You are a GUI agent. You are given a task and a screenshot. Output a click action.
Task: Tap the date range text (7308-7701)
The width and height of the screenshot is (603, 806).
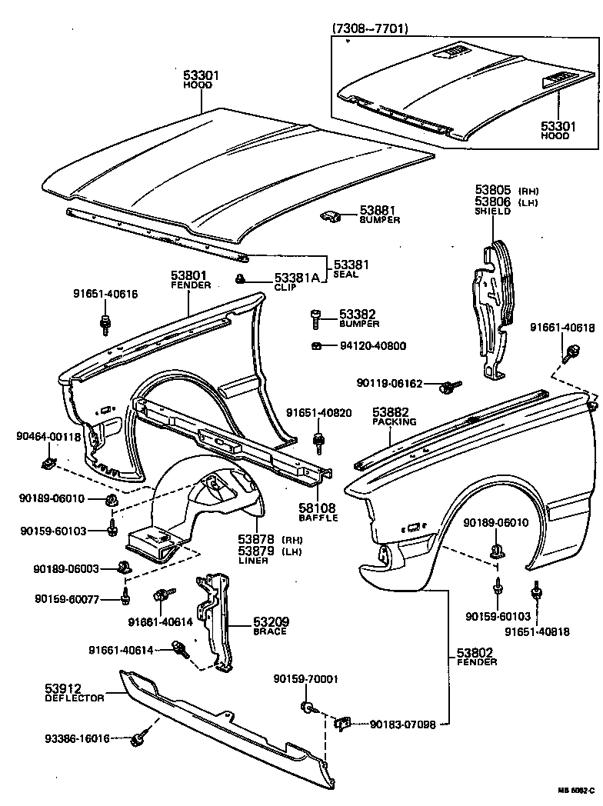pyautogui.click(x=370, y=29)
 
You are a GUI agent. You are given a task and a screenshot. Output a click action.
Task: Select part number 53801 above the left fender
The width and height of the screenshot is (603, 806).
pyautogui.click(x=189, y=275)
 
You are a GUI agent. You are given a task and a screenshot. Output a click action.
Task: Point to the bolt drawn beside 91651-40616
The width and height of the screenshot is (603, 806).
pyautogui.click(x=105, y=325)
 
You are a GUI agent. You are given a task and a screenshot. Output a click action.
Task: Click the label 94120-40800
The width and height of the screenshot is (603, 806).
pyautogui.click(x=373, y=346)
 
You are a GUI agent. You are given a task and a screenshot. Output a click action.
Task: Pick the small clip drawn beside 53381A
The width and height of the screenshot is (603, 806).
pyautogui.click(x=241, y=278)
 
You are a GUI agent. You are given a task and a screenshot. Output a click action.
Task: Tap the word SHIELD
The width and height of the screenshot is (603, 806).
pyautogui.click(x=493, y=211)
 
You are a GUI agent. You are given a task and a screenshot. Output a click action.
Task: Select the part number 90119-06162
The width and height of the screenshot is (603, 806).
pyautogui.click(x=390, y=382)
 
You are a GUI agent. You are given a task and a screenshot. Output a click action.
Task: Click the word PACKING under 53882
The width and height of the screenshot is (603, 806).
pyautogui.click(x=394, y=422)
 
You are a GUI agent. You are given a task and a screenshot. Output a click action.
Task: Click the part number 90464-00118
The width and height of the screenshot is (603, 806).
pyautogui.click(x=48, y=437)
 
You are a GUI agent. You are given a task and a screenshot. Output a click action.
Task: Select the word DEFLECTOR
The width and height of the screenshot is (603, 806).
pyautogui.click(x=74, y=698)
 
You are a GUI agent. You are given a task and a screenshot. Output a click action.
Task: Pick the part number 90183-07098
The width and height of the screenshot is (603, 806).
pyautogui.click(x=403, y=724)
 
